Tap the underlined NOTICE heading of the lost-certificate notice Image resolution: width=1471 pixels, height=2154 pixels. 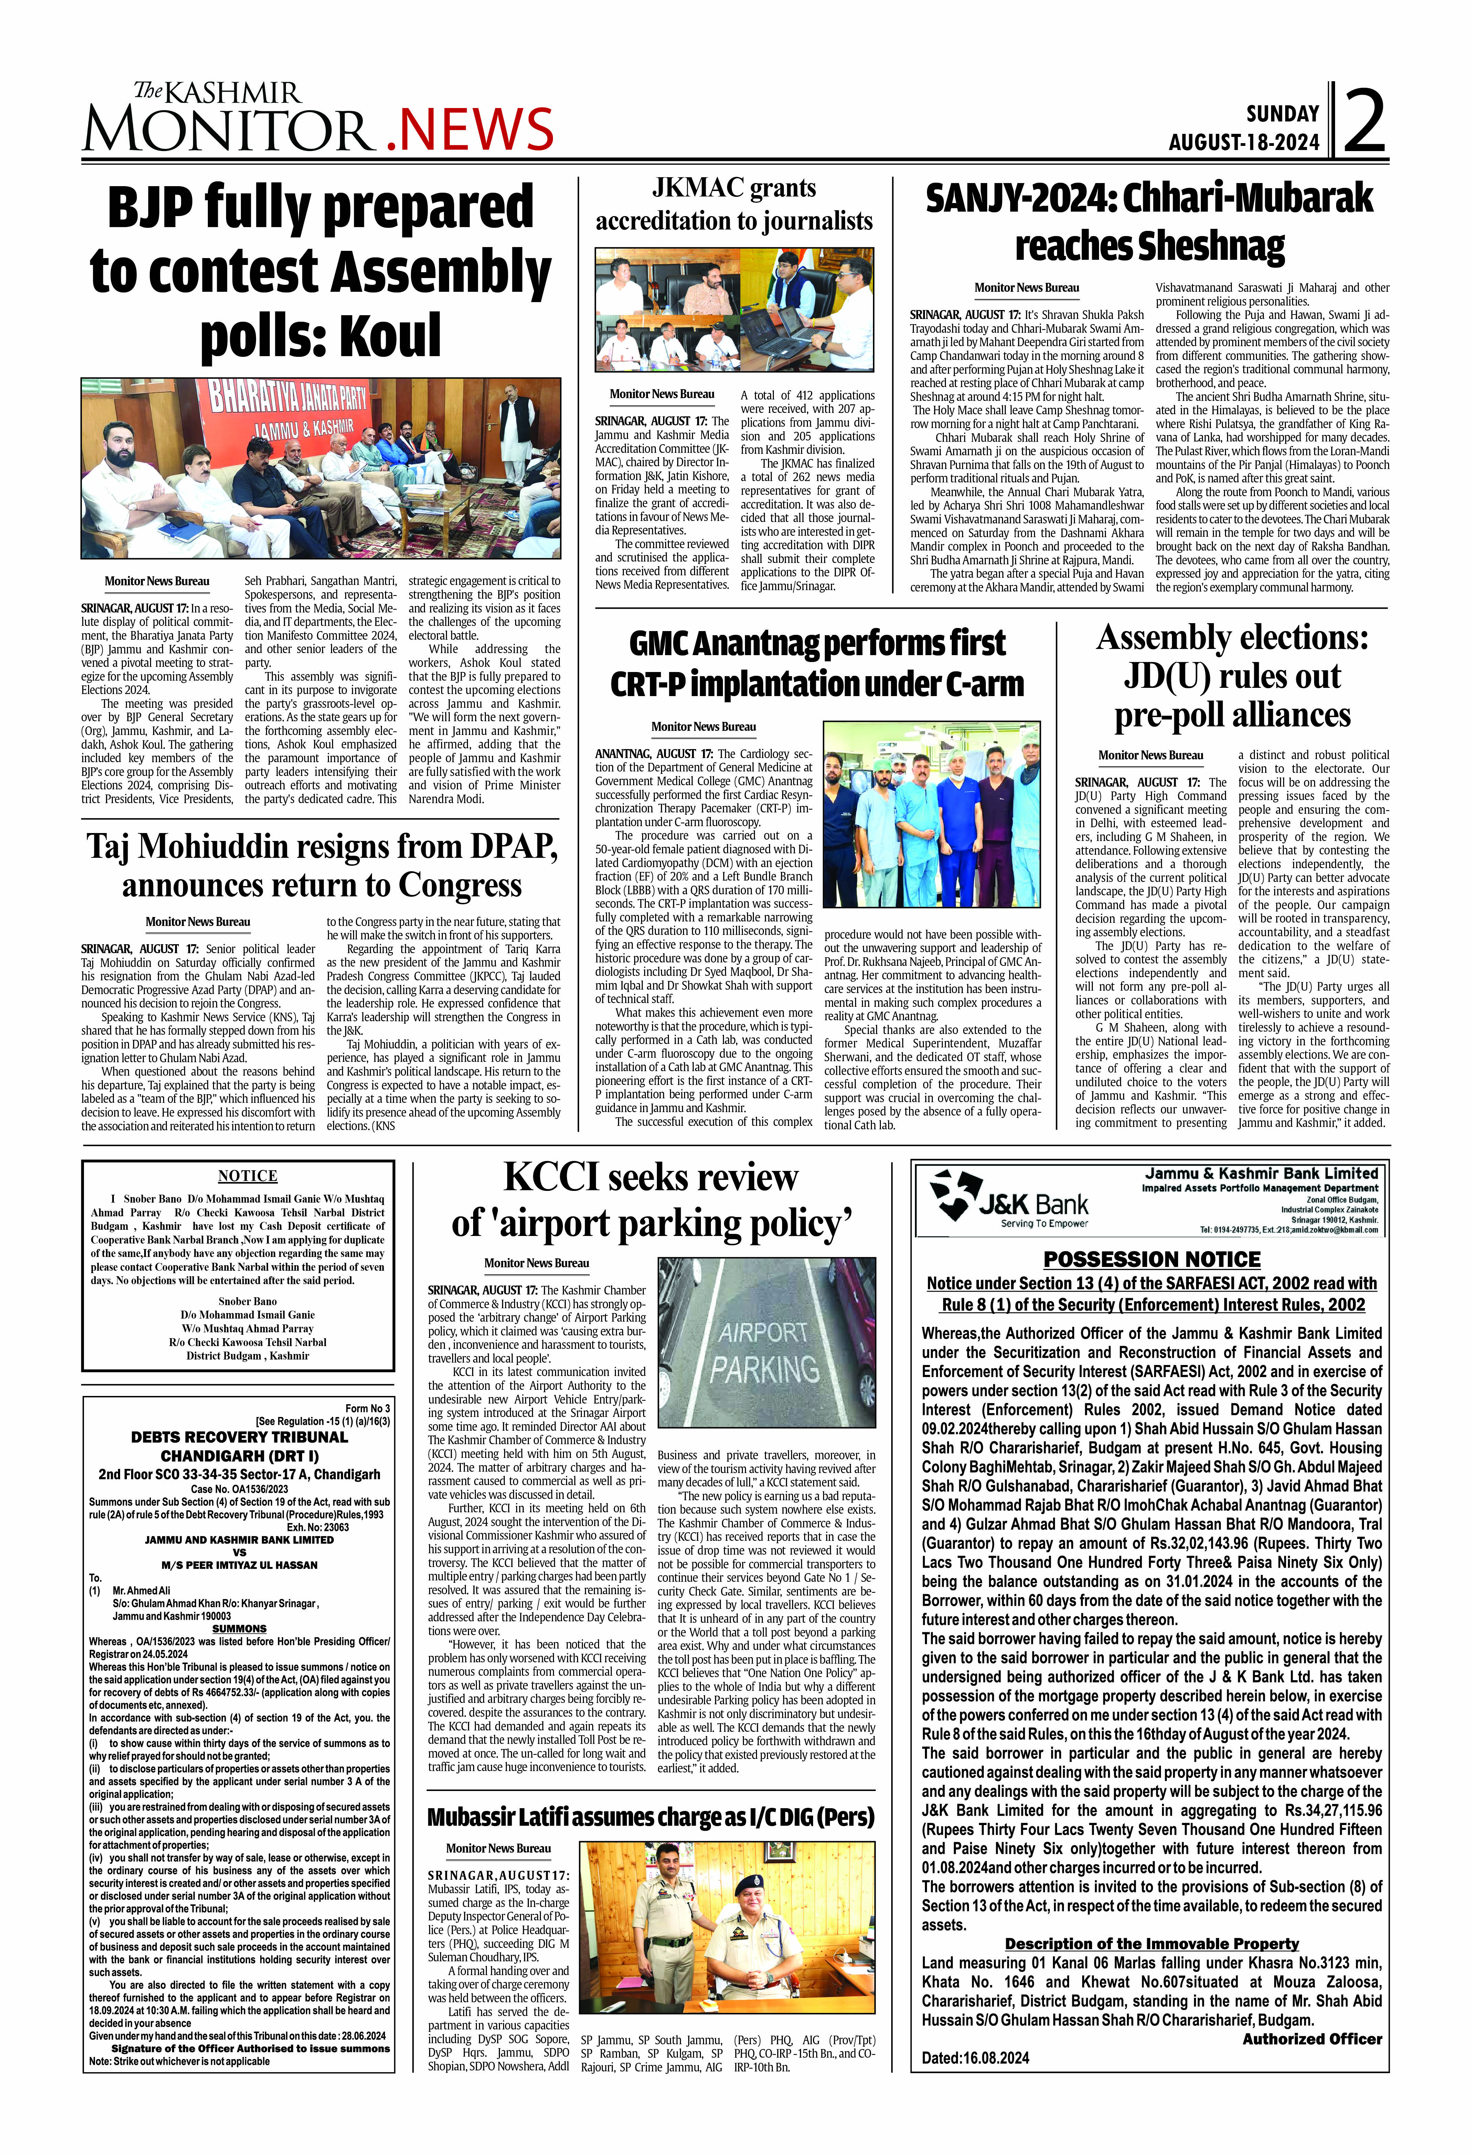247,1176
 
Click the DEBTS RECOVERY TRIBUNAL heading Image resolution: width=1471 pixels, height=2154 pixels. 239,1438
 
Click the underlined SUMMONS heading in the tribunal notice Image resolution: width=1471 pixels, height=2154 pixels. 239,1629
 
